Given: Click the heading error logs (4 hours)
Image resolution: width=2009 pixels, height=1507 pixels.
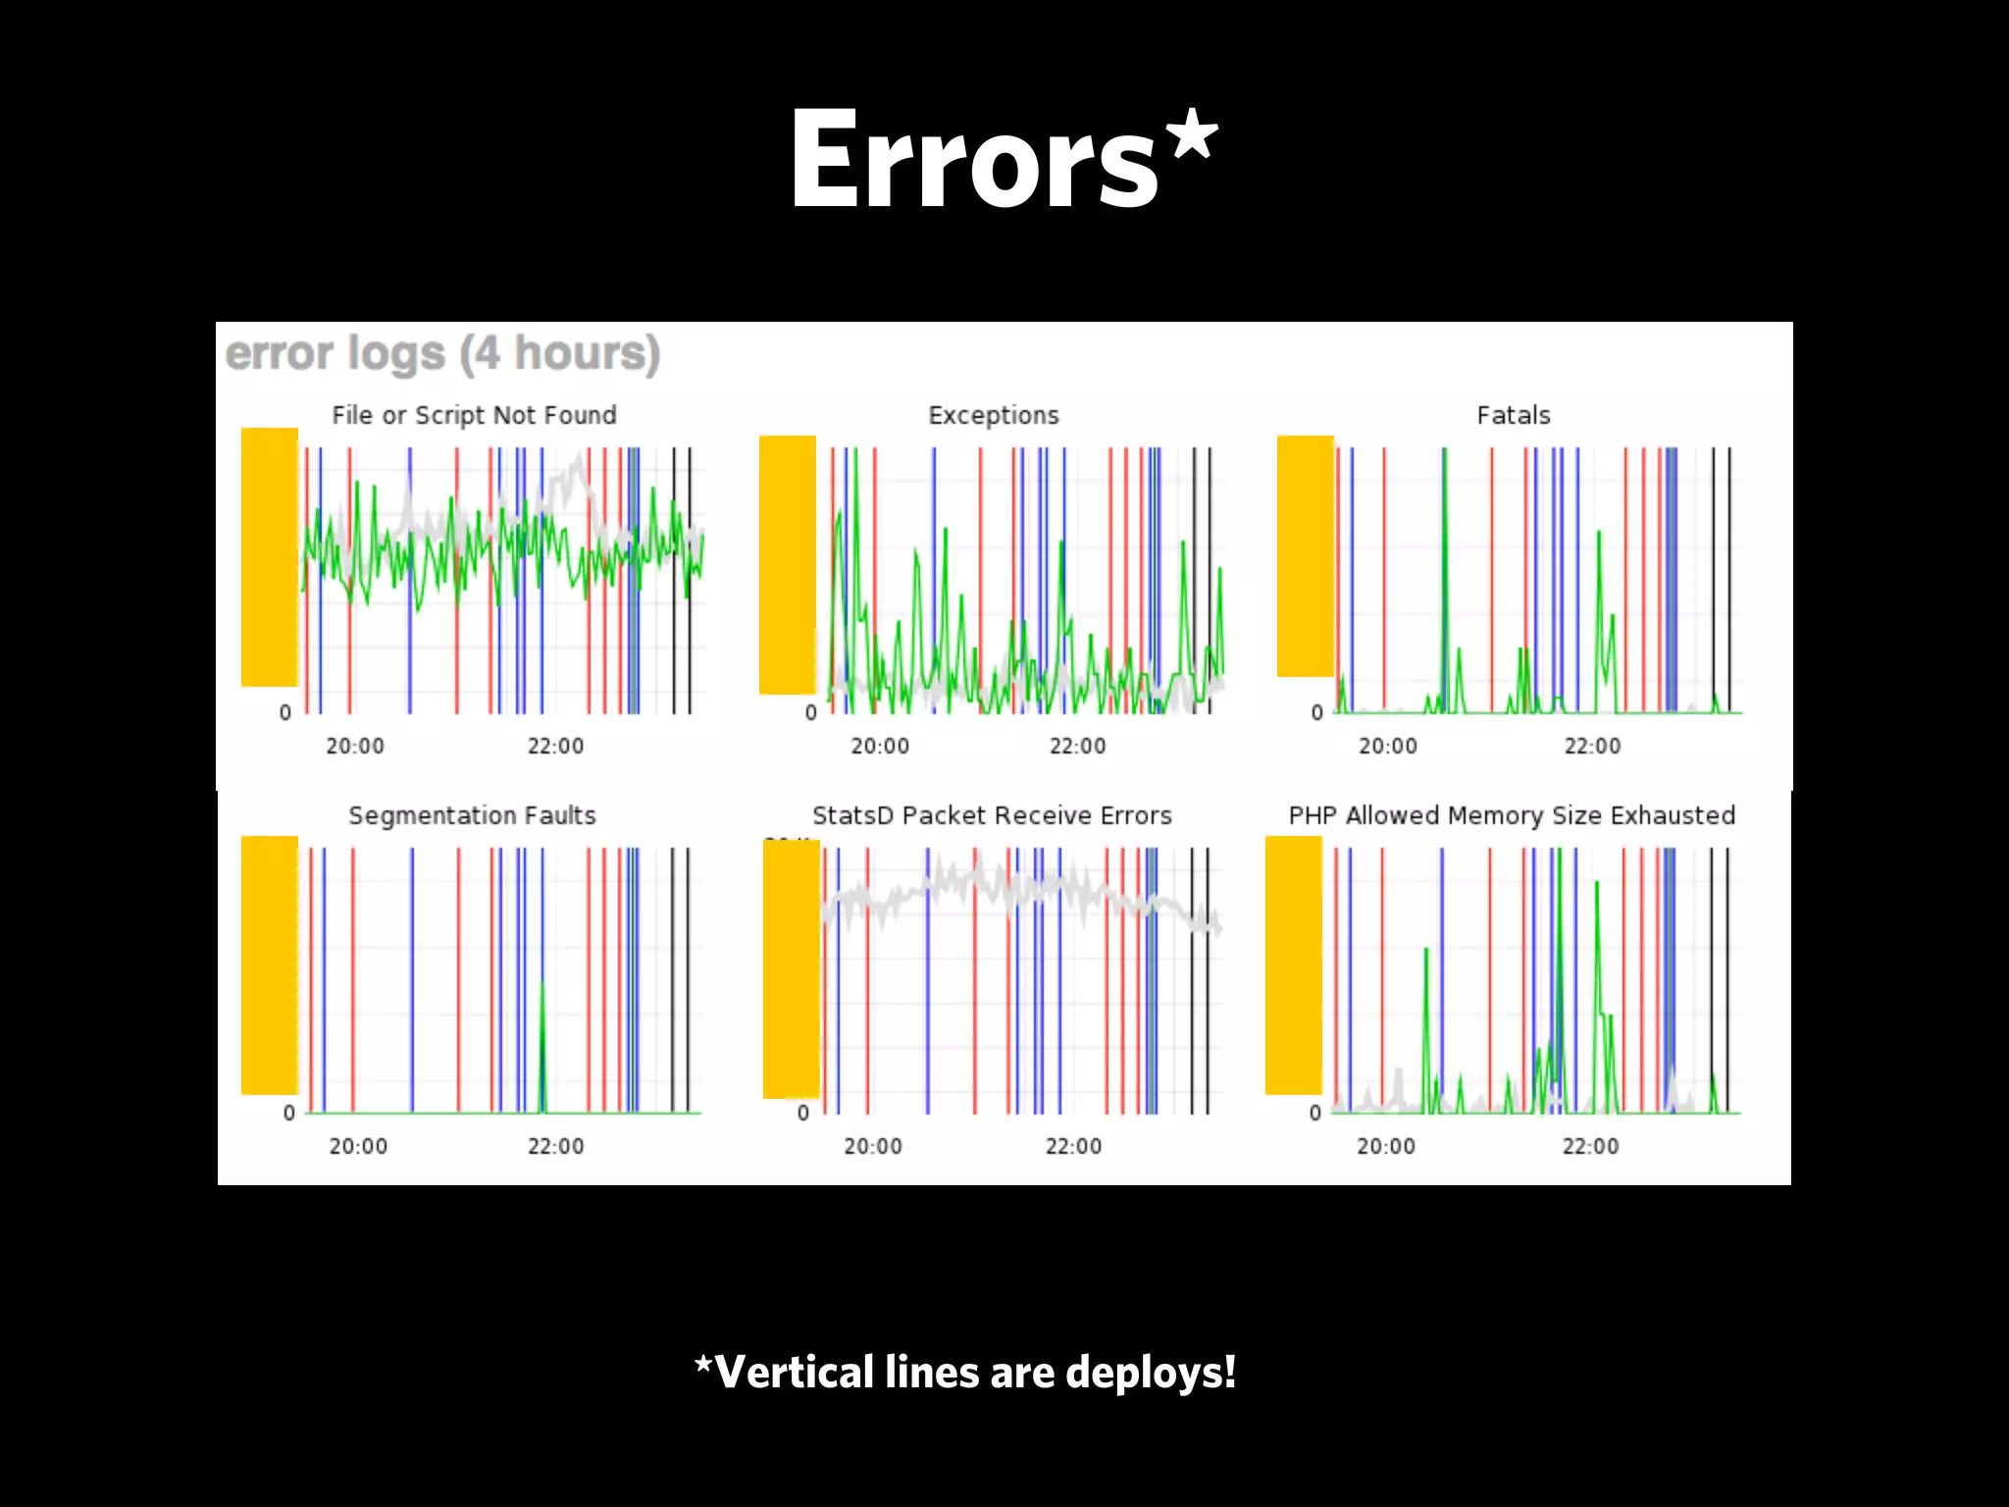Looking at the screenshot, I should (442, 354).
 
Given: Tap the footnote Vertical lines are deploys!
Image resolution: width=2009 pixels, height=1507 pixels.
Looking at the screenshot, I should (966, 1372).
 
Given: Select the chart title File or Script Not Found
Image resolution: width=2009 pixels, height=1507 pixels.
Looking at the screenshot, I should (474, 415).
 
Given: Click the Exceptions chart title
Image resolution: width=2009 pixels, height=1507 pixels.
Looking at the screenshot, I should (994, 415).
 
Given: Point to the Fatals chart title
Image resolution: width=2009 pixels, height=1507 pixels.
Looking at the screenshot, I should (1514, 415).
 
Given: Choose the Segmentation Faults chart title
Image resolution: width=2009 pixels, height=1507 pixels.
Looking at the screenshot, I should (472, 815).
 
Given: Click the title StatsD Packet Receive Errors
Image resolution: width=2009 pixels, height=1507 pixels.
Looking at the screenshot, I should (992, 815).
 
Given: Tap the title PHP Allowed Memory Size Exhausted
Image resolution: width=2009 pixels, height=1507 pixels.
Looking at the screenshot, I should (1512, 815).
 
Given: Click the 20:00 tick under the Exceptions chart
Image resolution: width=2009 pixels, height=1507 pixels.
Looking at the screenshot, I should (880, 746).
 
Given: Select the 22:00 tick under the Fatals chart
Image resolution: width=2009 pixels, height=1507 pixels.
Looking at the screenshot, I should (1592, 746).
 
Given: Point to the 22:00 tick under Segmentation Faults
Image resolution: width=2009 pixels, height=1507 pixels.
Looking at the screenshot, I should (555, 1146).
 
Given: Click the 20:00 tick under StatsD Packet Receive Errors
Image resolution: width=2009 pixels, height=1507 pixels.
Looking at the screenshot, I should (873, 1146).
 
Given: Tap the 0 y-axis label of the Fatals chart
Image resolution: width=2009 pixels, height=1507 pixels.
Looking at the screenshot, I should (1317, 712).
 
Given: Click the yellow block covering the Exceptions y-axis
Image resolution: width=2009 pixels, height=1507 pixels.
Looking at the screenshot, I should (788, 565).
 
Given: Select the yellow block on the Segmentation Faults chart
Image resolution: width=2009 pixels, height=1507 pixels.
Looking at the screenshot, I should (270, 964).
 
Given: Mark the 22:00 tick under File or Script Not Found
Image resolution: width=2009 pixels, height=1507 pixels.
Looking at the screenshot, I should (555, 746).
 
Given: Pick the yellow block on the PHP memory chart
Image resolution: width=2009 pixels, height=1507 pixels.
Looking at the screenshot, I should (1294, 964).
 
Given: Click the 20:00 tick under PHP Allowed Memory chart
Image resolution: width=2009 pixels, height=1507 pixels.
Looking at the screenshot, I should (1385, 1146).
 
